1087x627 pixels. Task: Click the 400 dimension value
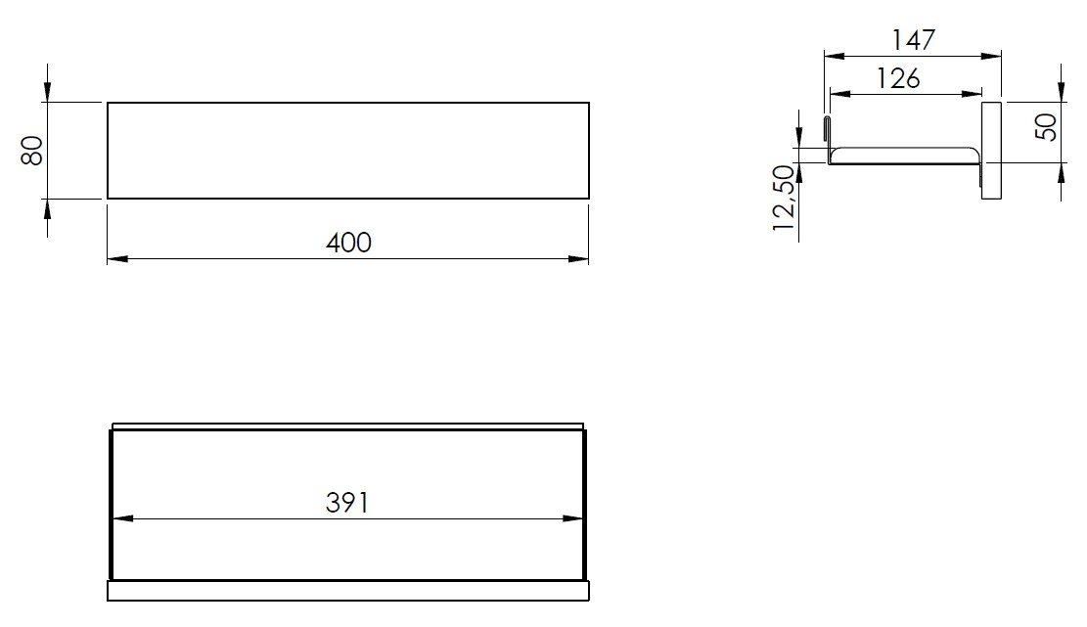pyautogui.click(x=348, y=243)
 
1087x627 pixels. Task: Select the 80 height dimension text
pyautogui.click(x=32, y=151)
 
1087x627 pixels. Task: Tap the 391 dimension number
pyautogui.click(x=347, y=503)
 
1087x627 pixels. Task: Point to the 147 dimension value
pyautogui.click(x=914, y=40)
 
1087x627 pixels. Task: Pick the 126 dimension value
pyautogui.click(x=898, y=79)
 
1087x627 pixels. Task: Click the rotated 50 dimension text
pyautogui.click(x=1046, y=126)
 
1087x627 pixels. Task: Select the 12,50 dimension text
pyautogui.click(x=784, y=199)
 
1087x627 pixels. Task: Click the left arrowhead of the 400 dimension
pyautogui.click(x=117, y=259)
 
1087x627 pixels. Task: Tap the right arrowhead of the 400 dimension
pyautogui.click(x=578, y=259)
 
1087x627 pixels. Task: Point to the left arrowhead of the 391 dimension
pyautogui.click(x=122, y=518)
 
